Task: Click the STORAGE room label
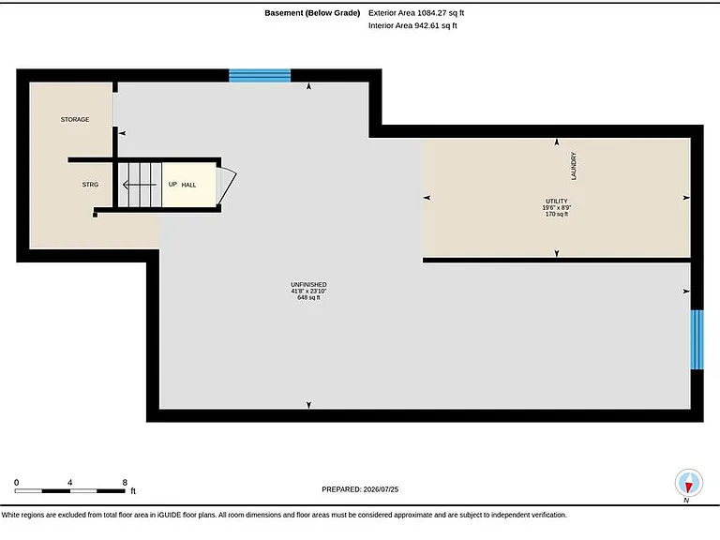pos(75,119)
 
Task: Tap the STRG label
pos(90,185)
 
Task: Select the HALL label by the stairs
pos(188,185)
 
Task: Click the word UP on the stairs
pos(172,184)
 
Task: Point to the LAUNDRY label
pos(573,166)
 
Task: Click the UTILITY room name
pos(557,202)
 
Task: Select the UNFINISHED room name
pos(308,285)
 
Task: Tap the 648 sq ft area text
pos(308,297)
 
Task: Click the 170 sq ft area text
pos(557,214)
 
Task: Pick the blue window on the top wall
pos(260,75)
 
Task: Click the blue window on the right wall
pos(697,339)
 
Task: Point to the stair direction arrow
pos(140,185)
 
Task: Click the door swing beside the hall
pos(226,186)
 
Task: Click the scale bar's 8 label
pos(125,483)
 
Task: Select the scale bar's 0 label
pos(17,483)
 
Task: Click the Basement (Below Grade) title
pos(312,13)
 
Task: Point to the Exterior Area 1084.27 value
pos(416,13)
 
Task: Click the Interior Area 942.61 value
pos(412,25)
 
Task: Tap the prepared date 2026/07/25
pos(381,489)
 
